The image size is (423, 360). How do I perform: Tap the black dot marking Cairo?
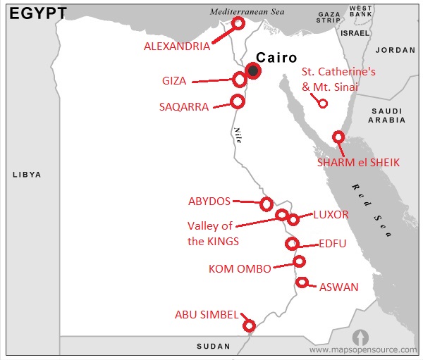(x=253, y=70)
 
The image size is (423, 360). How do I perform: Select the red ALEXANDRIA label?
(x=176, y=46)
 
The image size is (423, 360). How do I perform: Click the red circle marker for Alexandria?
(x=238, y=23)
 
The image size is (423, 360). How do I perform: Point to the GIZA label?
(x=173, y=81)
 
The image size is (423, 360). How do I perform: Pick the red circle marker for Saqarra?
(x=238, y=101)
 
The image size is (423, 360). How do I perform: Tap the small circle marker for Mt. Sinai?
(x=323, y=104)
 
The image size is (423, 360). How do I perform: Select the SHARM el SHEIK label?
(x=358, y=162)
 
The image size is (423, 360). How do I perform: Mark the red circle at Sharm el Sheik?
(x=338, y=137)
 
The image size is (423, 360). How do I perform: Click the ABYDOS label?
(x=209, y=201)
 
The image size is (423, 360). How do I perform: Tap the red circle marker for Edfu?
(x=291, y=244)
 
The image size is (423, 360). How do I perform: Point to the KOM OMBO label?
(x=240, y=268)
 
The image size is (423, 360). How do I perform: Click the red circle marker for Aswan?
(x=302, y=283)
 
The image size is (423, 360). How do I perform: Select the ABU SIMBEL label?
(x=207, y=315)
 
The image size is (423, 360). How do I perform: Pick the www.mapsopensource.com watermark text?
(x=363, y=349)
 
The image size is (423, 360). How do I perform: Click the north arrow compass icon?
(x=360, y=336)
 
